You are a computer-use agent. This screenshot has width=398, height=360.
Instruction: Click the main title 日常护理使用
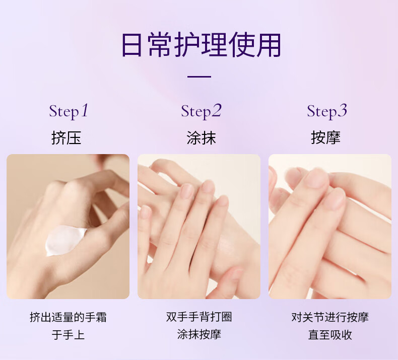pos(202,45)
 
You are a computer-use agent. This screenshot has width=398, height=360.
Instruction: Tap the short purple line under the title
pos(200,77)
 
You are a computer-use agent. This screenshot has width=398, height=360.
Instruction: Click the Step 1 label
pos(69,111)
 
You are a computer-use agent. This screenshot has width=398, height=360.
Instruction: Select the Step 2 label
pos(202,111)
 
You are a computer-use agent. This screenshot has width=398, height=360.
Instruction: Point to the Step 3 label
pos(327,111)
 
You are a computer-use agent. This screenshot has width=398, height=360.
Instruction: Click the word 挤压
pos(66,138)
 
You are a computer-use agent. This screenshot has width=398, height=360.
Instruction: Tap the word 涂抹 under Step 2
pos(202,138)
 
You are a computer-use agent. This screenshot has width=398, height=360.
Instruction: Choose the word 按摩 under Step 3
pos(325,137)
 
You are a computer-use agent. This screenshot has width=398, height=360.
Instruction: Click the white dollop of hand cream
pos(64,240)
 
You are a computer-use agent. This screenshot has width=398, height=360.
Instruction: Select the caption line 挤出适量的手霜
pos(68,317)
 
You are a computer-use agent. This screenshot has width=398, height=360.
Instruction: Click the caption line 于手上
pos(68,335)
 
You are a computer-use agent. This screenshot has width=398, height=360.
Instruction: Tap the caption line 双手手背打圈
pos(199,317)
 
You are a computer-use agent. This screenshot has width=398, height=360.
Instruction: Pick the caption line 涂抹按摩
pos(199,334)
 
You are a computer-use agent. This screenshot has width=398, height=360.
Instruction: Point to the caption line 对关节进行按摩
pos(330,317)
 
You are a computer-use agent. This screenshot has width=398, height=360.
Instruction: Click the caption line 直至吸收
pos(330,335)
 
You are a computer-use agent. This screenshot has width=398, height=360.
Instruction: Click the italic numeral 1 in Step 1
pos(85,110)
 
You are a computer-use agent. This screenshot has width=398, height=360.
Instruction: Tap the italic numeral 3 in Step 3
pos(343,110)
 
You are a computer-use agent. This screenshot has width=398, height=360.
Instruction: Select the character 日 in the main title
pos(131,45)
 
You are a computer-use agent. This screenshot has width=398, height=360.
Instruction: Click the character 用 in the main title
pos(269,45)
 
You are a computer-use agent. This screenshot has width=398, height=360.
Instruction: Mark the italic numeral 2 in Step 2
pos(217,110)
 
